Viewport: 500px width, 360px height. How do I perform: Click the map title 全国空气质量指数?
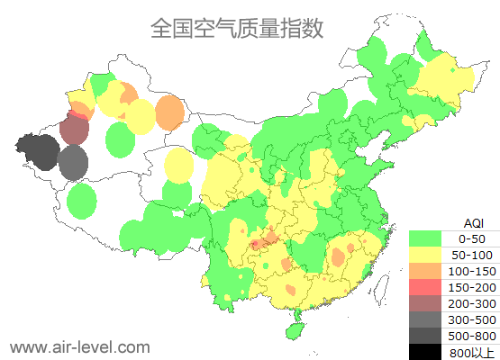coord(237,28)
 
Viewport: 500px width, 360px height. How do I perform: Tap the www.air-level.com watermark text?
coord(79,346)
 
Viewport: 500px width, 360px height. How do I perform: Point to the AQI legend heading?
coord(473,222)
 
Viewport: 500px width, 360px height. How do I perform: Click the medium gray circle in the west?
coord(73,163)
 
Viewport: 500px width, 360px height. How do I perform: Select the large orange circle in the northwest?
coord(169,112)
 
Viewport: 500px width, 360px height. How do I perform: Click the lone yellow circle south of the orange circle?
coord(179,165)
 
